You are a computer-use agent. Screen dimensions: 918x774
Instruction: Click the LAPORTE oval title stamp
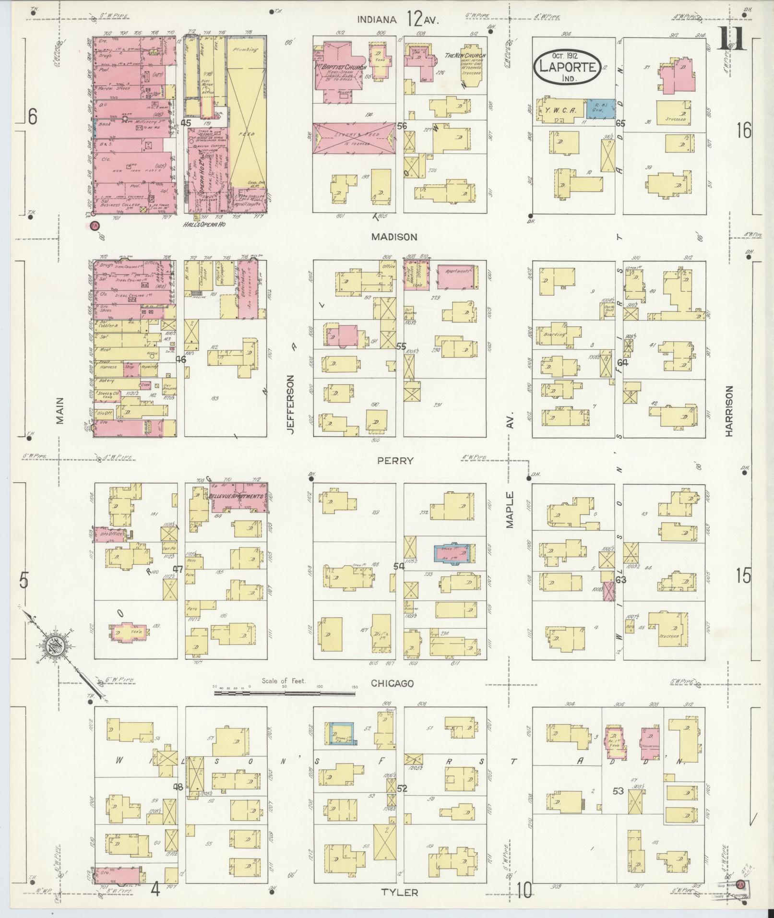(566, 68)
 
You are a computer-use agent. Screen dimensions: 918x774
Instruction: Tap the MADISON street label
(401, 237)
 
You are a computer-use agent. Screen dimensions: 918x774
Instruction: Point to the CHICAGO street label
(392, 683)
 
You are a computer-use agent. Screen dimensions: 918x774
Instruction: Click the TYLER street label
(400, 892)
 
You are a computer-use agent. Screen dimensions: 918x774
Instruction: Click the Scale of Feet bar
(285, 692)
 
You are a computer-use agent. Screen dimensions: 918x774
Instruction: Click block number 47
(178, 569)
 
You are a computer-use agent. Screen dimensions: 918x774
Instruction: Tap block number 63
(621, 580)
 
